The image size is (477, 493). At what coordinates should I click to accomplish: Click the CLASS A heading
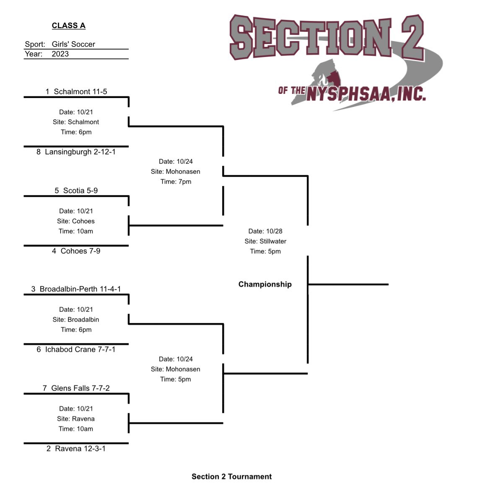[x=68, y=26]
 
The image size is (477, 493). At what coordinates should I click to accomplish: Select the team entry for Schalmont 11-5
[x=76, y=91]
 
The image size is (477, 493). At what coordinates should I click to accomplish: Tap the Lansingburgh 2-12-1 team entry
[x=76, y=152]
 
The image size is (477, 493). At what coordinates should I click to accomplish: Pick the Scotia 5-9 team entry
[x=76, y=191]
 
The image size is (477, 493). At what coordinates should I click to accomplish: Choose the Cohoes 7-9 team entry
[x=76, y=251]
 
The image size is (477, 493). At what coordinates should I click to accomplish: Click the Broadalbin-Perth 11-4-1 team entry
[x=76, y=289]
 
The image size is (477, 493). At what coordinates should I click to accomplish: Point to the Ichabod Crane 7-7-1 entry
[x=76, y=349]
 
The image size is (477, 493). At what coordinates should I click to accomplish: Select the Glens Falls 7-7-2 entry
[x=76, y=388]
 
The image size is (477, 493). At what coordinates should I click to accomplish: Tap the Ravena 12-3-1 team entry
[x=76, y=449]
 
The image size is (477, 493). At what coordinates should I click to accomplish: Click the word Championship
[x=265, y=284]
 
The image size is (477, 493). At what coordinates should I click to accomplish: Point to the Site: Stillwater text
[x=265, y=241]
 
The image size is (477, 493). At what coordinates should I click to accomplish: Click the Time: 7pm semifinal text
[x=176, y=181]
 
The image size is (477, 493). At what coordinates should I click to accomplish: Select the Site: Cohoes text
[x=76, y=221]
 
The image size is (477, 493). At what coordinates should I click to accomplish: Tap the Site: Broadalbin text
[x=76, y=320]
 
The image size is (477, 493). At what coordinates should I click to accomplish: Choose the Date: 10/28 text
[x=265, y=231]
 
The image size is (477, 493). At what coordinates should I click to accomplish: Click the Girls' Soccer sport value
[x=73, y=44]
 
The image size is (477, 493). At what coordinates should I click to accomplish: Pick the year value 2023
[x=60, y=54]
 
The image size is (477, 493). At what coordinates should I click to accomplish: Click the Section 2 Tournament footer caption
[x=231, y=477]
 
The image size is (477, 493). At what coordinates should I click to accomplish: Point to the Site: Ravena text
[x=76, y=419]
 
